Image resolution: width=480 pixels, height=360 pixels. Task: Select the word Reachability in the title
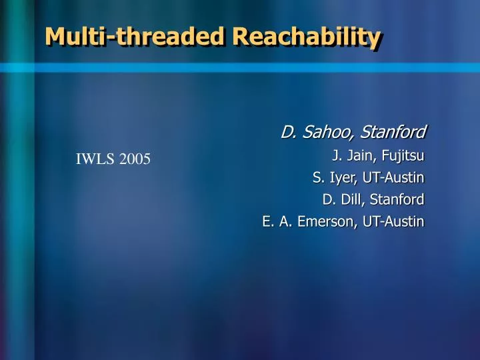pos(309,37)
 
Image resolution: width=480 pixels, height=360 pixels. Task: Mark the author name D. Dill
pos(340,199)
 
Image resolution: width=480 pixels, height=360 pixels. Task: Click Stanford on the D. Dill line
pos(398,199)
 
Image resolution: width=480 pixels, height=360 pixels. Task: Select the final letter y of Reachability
pos(375,39)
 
